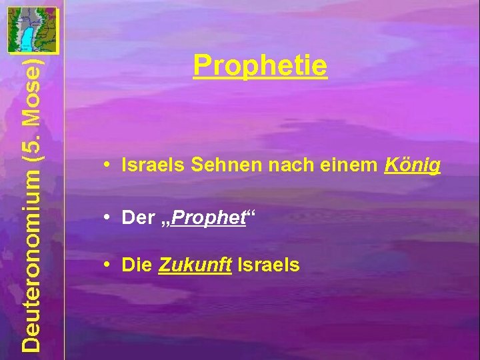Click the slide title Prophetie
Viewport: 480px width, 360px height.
pos(260,66)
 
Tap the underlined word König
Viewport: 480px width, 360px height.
pos(413,166)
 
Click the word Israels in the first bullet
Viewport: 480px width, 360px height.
pos(153,166)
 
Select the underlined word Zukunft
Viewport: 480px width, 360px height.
pos(195,265)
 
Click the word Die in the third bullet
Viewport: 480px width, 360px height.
pos(136,265)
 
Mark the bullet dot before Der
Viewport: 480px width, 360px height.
pos(107,217)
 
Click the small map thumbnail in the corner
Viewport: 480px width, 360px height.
pos(32,29)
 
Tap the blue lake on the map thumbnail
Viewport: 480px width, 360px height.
pos(27,37)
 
